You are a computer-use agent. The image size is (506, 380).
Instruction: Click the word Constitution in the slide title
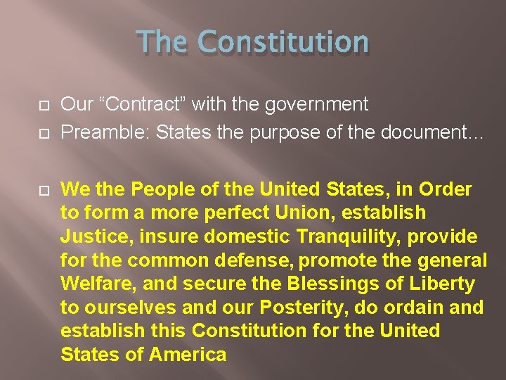pyautogui.click(x=283, y=42)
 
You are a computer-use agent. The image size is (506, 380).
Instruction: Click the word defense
pyautogui.click(x=255, y=260)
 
